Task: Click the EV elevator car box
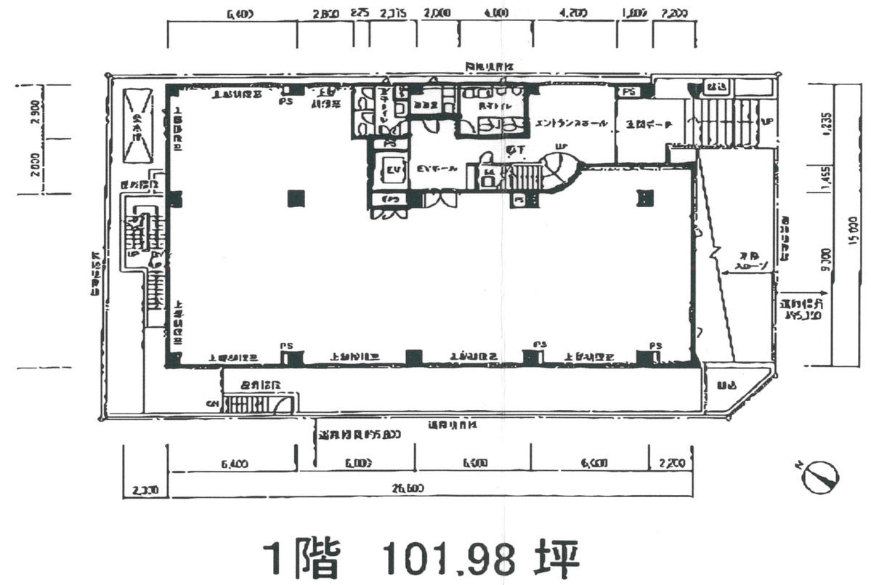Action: tap(392, 171)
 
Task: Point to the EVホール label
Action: tap(437, 169)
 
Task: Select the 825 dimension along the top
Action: tap(359, 13)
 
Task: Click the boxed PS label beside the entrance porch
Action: tap(628, 92)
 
